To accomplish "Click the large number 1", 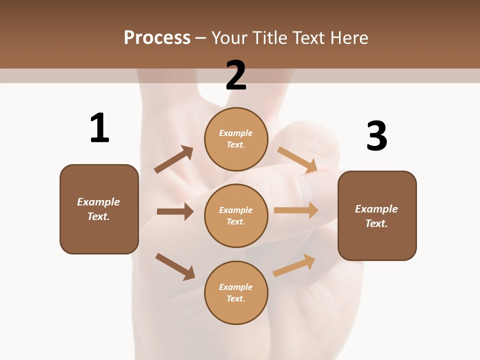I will [99, 128].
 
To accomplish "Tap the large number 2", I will [236, 75].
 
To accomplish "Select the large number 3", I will [377, 136].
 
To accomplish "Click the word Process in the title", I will [157, 37].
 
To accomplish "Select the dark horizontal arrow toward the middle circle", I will [175, 211].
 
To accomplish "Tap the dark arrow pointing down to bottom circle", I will [175, 266].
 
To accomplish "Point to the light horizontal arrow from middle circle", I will [296, 210].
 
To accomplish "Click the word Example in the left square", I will [98, 202].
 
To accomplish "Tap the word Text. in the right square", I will [376, 223].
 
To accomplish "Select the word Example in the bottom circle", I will [236, 287].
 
